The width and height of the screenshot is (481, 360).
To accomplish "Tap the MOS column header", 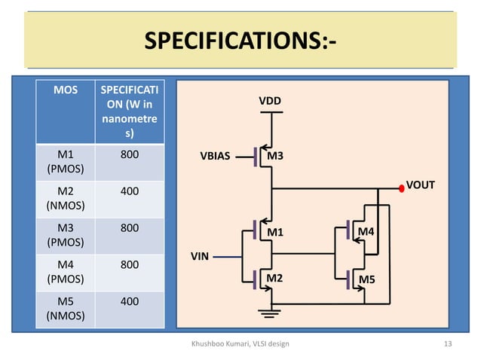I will click(65, 91).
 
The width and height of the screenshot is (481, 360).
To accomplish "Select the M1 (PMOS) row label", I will click(65, 162).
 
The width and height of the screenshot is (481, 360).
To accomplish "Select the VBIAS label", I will click(215, 157).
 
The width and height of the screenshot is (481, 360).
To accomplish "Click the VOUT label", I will click(420, 183).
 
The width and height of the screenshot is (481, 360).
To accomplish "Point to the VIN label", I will click(200, 256).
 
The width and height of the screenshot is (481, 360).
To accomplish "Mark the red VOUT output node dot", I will click(401, 188).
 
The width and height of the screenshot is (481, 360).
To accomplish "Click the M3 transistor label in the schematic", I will click(276, 156).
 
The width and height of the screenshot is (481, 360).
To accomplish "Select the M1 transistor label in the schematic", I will click(276, 232).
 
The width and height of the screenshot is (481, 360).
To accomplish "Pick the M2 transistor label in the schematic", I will click(276, 279).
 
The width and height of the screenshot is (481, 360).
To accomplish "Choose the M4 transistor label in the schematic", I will click(366, 230).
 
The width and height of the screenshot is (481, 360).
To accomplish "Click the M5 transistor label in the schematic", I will click(367, 279).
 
